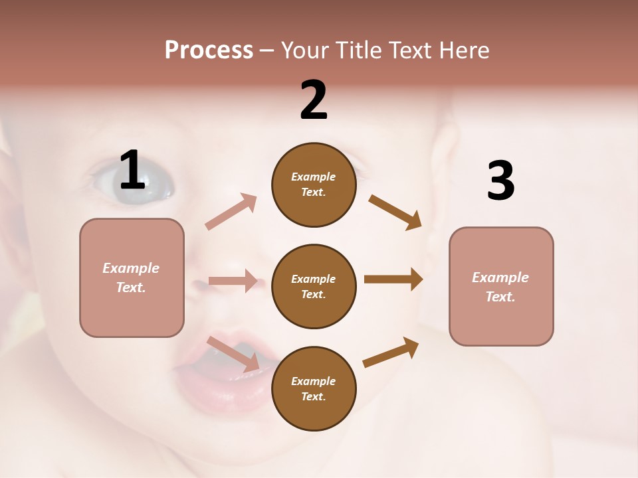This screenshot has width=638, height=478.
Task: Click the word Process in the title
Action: pos(209,50)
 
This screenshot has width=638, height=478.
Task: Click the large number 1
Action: pos(132,171)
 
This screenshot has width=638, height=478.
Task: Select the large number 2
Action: pos(314,100)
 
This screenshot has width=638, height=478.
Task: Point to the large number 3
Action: pos(500,181)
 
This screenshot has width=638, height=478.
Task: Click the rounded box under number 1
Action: pos(132,278)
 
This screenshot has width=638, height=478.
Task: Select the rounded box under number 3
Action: pos(501,286)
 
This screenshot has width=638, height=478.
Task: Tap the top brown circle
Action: pos(314,185)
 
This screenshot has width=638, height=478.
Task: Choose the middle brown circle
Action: pos(314,286)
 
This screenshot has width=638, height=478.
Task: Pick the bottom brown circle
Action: pos(314,388)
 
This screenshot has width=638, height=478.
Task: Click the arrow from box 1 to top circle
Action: pos(231,211)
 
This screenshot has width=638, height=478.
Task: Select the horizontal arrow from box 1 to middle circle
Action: pos(233,281)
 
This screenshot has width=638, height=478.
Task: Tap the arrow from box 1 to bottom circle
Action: pos(233,353)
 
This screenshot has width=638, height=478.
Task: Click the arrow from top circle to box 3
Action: pos(395,212)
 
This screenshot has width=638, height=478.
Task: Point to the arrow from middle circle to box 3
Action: pos(393,279)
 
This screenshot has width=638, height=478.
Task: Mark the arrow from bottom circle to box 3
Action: pos(391,352)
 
